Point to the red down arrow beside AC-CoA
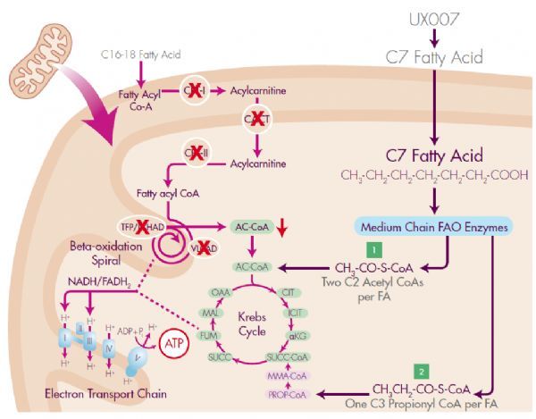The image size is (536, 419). (283, 230)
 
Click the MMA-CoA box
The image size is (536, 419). (284, 375)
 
